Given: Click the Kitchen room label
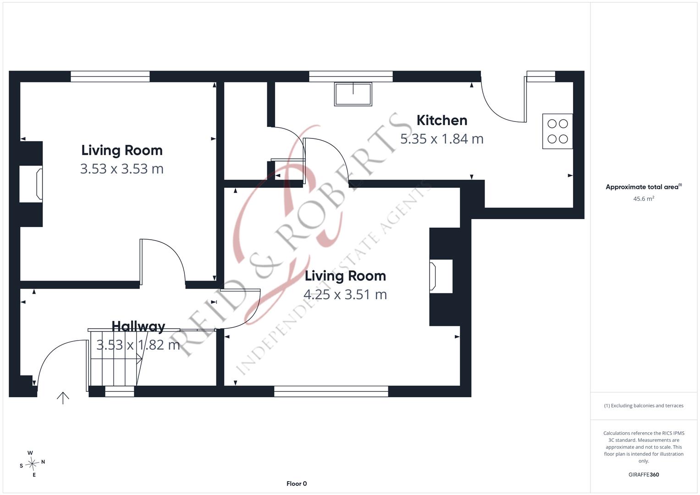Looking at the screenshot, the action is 442,120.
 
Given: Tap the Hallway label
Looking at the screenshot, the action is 138,326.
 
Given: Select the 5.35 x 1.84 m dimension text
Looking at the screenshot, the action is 442,139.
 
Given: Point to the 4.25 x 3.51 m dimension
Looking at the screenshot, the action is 345,294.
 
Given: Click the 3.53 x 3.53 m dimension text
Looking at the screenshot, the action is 122,169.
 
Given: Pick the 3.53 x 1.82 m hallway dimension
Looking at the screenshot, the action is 138,345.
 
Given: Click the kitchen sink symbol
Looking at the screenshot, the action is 353,94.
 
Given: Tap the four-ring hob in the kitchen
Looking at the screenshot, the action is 557,131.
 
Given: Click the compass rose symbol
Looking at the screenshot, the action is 32,464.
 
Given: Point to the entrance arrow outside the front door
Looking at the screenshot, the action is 63,398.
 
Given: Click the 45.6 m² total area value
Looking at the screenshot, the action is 644,198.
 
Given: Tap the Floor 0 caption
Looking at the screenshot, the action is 297,484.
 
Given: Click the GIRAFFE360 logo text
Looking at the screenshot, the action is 644,474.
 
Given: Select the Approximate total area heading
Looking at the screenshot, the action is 644,187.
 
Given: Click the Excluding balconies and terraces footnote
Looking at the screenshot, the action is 644,406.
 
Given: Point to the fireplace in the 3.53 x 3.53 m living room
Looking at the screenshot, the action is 31,184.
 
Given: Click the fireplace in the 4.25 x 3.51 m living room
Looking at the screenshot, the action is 441,276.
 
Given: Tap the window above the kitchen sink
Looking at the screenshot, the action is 351,77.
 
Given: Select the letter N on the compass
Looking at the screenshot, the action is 43,462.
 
